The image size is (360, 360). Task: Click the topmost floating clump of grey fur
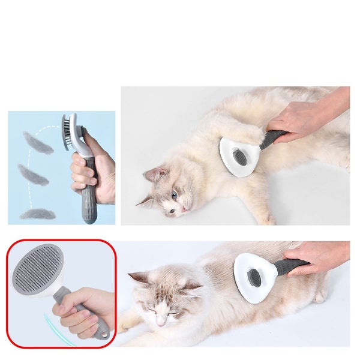37,143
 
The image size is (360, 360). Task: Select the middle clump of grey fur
32,175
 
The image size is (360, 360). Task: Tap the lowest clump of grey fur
37,213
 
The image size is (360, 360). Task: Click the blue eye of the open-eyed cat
174,195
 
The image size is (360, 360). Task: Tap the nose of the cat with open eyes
184,209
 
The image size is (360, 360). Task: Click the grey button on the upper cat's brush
238,158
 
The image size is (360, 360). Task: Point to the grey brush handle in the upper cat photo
272,139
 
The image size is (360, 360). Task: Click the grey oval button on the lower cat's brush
254,277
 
